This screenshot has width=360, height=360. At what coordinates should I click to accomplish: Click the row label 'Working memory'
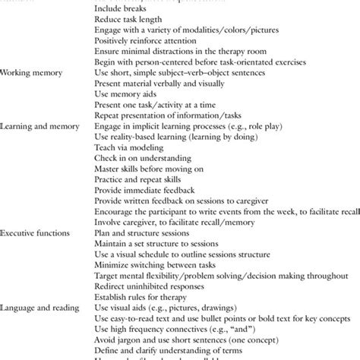(31, 73)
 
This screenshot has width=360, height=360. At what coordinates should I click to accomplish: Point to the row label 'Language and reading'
(39, 307)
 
